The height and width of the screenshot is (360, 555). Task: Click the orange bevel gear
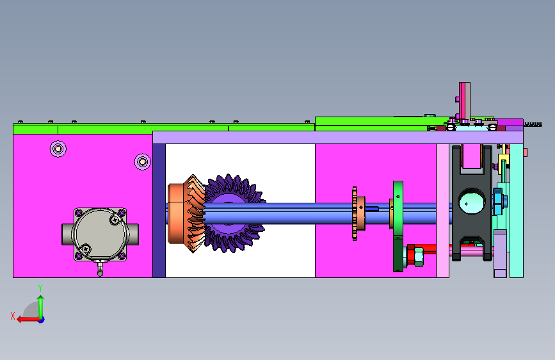(186, 214)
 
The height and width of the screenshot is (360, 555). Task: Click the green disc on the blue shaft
(398, 227)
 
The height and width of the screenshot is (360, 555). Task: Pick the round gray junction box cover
(100, 234)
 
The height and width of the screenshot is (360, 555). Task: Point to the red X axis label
(13, 316)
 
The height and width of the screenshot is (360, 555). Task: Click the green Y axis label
(40, 288)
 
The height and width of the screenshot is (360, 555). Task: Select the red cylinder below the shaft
(421, 252)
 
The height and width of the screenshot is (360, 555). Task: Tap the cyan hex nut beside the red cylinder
(419, 257)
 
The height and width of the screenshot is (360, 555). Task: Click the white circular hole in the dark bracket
(472, 201)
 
